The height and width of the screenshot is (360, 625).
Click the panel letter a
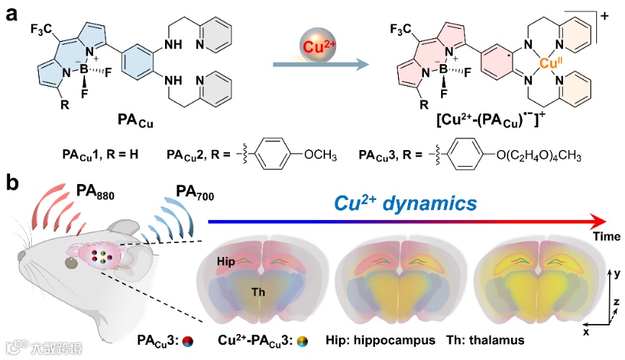pyautogui.click(x=12, y=13)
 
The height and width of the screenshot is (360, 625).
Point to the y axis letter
pyautogui.click(x=617, y=273)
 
